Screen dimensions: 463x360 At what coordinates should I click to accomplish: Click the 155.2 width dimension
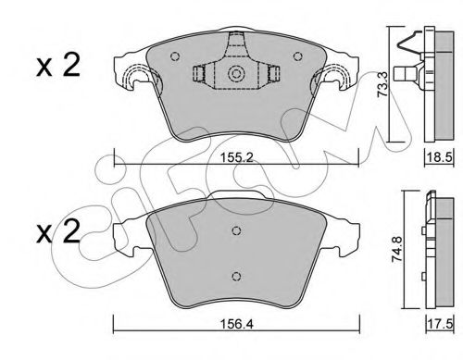click(x=236, y=158)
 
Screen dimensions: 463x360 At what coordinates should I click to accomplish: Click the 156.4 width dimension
click(x=236, y=324)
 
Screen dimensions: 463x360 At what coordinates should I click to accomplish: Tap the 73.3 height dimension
click(x=383, y=84)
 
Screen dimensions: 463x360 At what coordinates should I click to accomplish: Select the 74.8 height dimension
click(x=396, y=249)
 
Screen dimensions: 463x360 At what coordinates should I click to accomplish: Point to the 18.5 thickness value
click(x=439, y=157)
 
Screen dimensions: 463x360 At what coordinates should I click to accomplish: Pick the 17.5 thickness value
click(x=440, y=324)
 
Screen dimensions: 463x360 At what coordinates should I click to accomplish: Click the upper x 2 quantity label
click(x=57, y=66)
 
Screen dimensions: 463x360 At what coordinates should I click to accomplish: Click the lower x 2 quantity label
click(x=57, y=231)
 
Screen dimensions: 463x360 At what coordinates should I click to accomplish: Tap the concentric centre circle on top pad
click(x=236, y=74)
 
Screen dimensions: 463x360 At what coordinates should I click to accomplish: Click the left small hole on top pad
click(x=175, y=56)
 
